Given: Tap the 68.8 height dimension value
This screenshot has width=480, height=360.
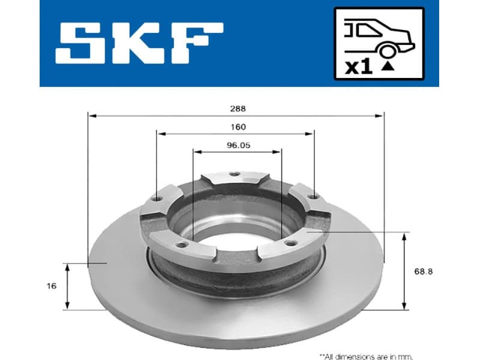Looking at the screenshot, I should click(423, 271).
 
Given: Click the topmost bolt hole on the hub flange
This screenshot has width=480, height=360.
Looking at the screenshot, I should click(235, 174).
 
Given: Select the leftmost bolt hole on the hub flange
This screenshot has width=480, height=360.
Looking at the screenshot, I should click(158, 199).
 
